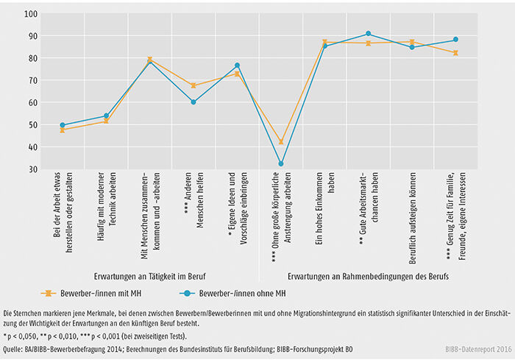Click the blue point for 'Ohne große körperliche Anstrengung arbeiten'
[x=280, y=164]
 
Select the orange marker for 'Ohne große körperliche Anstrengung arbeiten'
[x=280, y=141]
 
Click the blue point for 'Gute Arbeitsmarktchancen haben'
[x=368, y=34]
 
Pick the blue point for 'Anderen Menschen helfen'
[x=193, y=102]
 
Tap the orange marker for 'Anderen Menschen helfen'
[x=193, y=85]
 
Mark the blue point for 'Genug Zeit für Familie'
[x=455, y=40]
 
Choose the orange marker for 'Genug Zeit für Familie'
[x=455, y=53]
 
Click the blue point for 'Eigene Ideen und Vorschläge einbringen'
[x=237, y=66]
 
